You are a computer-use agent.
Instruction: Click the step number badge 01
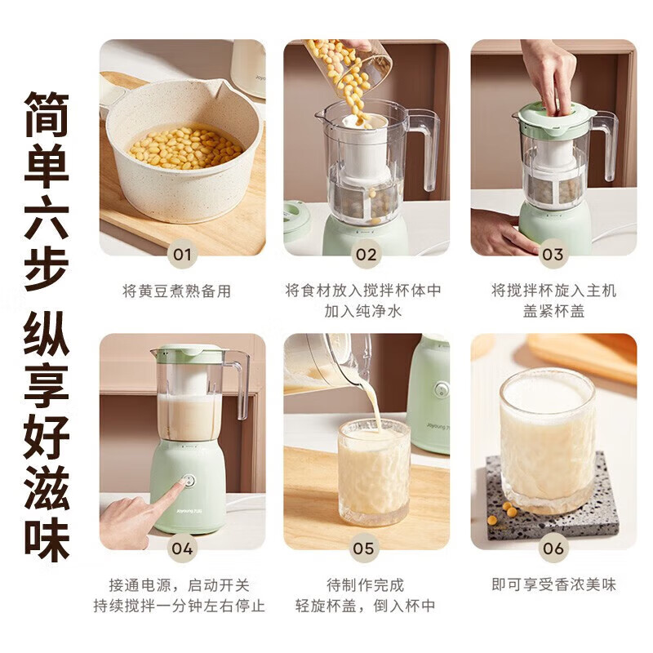point(182,255)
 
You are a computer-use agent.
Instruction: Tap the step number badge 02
point(366,255)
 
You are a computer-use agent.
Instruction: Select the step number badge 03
point(553,255)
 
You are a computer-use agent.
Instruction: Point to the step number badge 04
point(182,549)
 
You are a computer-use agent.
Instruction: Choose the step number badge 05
point(363,549)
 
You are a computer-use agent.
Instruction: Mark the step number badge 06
point(553,549)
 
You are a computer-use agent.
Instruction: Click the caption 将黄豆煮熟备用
point(177,291)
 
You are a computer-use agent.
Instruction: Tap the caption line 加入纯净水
point(362,311)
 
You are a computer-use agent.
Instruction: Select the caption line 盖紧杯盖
point(553,311)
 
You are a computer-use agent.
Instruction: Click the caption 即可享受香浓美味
point(553,584)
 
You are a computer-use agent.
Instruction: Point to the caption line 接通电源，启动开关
point(179,585)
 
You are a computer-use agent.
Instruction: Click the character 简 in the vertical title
point(47,114)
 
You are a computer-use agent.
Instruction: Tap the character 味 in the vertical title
point(47,540)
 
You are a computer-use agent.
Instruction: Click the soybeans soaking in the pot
point(186,148)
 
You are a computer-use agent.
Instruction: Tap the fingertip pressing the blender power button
point(182,483)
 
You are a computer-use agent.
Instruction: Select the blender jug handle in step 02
point(424,148)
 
